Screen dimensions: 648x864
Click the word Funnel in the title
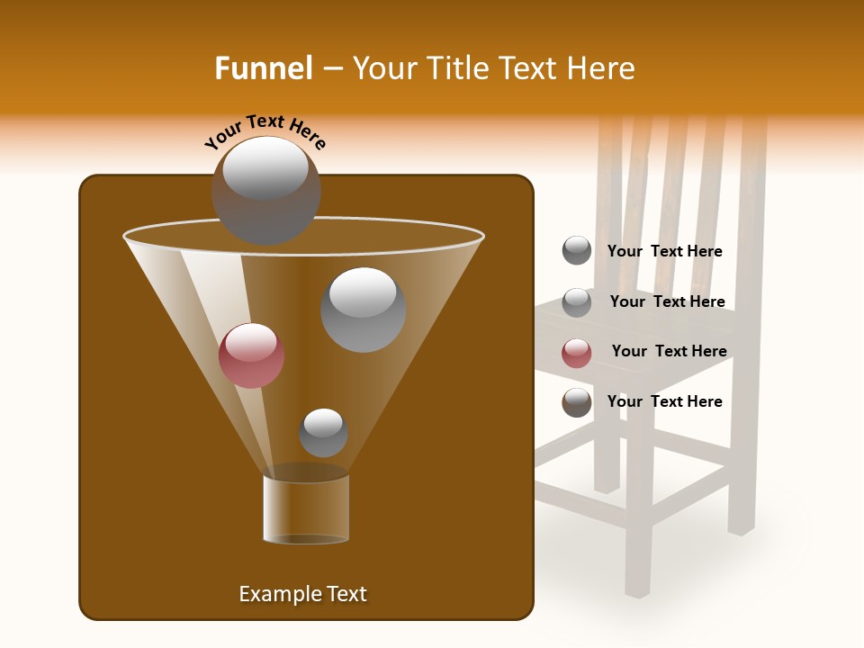(x=263, y=68)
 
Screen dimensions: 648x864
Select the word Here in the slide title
(x=602, y=68)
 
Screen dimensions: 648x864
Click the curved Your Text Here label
(x=265, y=132)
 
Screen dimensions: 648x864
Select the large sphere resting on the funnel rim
(x=265, y=190)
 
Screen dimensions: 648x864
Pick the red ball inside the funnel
(x=251, y=355)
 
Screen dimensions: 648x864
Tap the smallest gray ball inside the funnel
(x=323, y=433)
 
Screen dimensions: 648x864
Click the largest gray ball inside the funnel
(x=363, y=310)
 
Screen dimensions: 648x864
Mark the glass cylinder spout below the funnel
(x=306, y=508)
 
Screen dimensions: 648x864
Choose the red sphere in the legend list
(x=577, y=353)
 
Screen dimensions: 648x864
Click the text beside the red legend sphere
(x=669, y=351)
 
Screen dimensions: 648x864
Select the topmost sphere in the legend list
(x=577, y=250)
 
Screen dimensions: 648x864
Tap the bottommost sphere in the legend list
(x=577, y=402)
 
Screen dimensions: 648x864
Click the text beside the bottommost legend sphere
(x=664, y=401)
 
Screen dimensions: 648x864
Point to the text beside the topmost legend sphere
(x=664, y=251)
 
